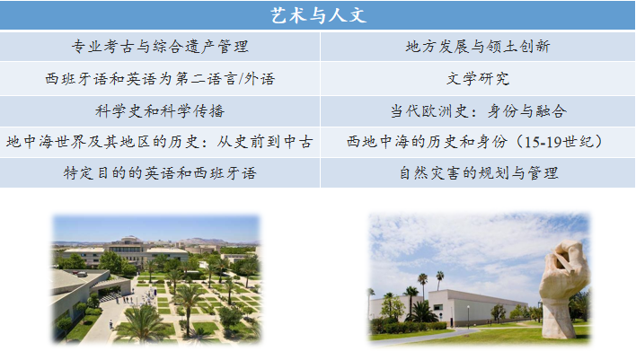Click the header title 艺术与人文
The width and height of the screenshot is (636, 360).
318,15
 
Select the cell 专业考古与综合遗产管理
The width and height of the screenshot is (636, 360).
160,47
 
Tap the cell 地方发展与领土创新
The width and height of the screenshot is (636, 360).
478,47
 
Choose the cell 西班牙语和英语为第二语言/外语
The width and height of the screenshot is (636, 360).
160,79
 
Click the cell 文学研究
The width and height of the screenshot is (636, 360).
478,79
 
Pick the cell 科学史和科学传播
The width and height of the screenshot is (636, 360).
160,111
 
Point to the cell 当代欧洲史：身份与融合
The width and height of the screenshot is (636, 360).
478,111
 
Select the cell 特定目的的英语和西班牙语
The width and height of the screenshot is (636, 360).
160,173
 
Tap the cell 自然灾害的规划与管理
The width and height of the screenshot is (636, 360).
478,173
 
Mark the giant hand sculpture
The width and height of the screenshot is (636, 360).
563,289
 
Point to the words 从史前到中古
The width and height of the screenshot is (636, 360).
265,142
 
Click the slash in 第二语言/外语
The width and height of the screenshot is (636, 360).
241,79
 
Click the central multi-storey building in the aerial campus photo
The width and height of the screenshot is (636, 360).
127,250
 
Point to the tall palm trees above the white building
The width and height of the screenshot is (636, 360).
431,283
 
